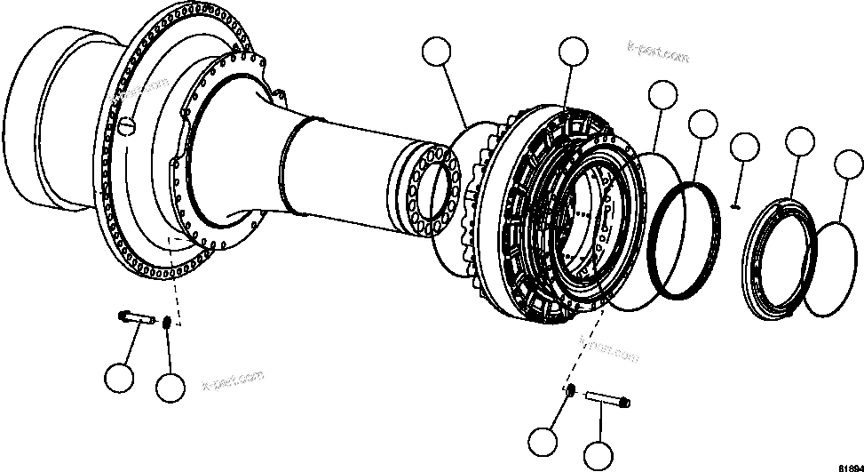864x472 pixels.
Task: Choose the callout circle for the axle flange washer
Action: click(170, 387)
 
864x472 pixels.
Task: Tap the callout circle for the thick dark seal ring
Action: click(703, 124)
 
